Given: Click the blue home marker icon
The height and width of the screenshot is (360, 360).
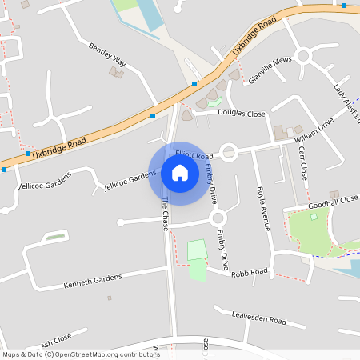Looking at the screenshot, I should point(180,173).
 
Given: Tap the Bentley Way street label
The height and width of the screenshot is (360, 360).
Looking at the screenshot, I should point(108,54).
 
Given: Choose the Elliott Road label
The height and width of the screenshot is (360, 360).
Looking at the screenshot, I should point(194,153).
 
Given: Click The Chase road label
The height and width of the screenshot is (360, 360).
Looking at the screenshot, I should point(166,214).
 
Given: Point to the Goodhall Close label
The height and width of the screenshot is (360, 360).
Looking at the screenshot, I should point(333,202).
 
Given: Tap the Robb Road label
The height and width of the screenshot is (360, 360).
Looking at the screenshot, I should point(249,273).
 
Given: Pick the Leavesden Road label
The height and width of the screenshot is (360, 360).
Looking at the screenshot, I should point(258,318).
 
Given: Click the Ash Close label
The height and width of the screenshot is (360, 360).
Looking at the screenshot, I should point(56,341).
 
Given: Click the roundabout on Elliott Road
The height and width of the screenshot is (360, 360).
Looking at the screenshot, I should point(230,151).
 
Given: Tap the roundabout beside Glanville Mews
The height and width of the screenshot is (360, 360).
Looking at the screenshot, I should point(302,56).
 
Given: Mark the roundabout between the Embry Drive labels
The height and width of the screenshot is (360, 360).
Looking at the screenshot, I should point(218,218).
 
